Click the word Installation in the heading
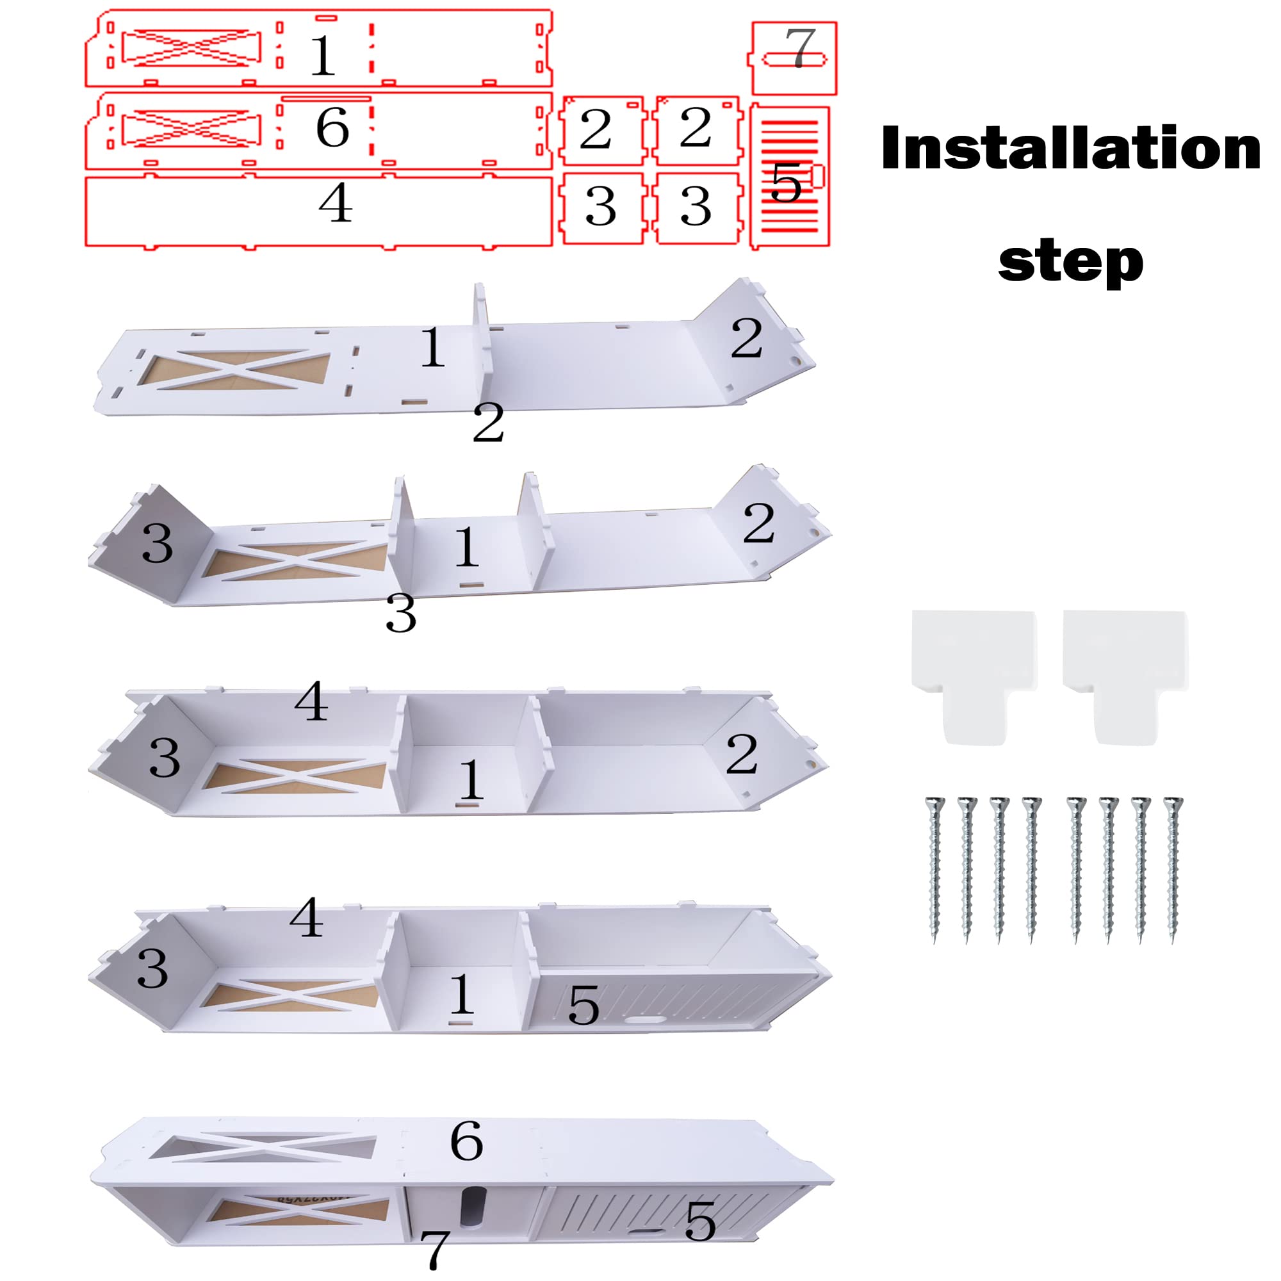point(1071,148)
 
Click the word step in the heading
point(1071,261)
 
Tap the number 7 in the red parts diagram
point(799,48)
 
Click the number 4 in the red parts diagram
point(336,202)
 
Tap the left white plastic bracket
point(974,676)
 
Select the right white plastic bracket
point(1125,676)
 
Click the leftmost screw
point(935,869)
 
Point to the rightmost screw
point(1173,869)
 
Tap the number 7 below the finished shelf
point(435,1250)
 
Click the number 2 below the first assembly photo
point(488,421)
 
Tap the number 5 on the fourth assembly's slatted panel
point(583,1005)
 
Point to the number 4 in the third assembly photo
point(311,701)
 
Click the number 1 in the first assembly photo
point(432,347)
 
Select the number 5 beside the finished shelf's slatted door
point(700,1221)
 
